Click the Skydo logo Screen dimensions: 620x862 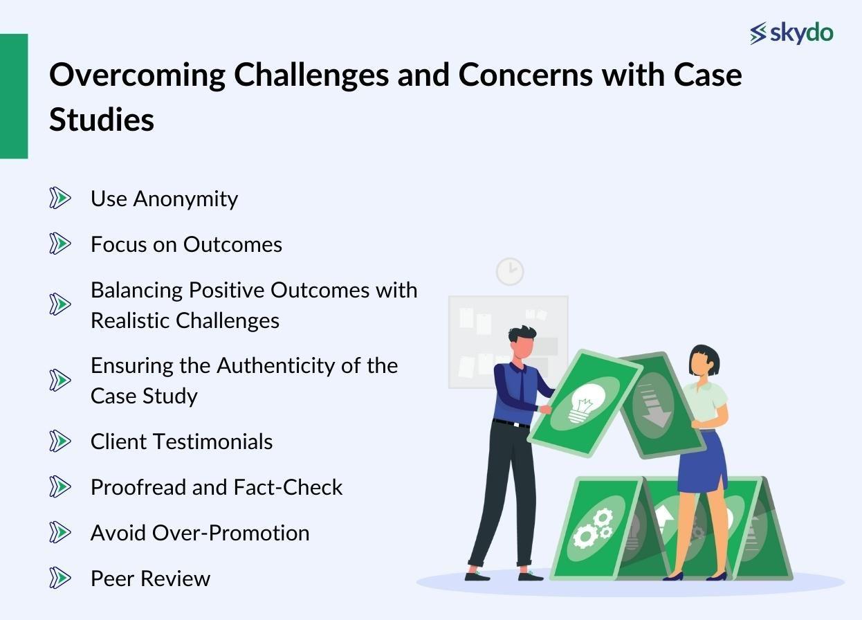click(791, 33)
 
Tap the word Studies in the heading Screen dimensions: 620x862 click(102, 119)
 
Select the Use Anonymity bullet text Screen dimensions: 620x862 click(164, 199)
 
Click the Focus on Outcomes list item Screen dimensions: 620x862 click(186, 244)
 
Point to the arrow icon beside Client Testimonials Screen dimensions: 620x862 click(60, 441)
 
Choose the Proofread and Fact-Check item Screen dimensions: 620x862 click(217, 487)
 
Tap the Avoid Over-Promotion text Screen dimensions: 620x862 click(200, 533)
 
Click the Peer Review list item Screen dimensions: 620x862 click(150, 578)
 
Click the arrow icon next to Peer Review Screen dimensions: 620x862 click(60, 578)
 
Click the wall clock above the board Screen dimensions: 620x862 click(510, 271)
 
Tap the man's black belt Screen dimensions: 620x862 click(512, 423)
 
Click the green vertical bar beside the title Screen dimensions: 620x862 click(14, 96)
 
